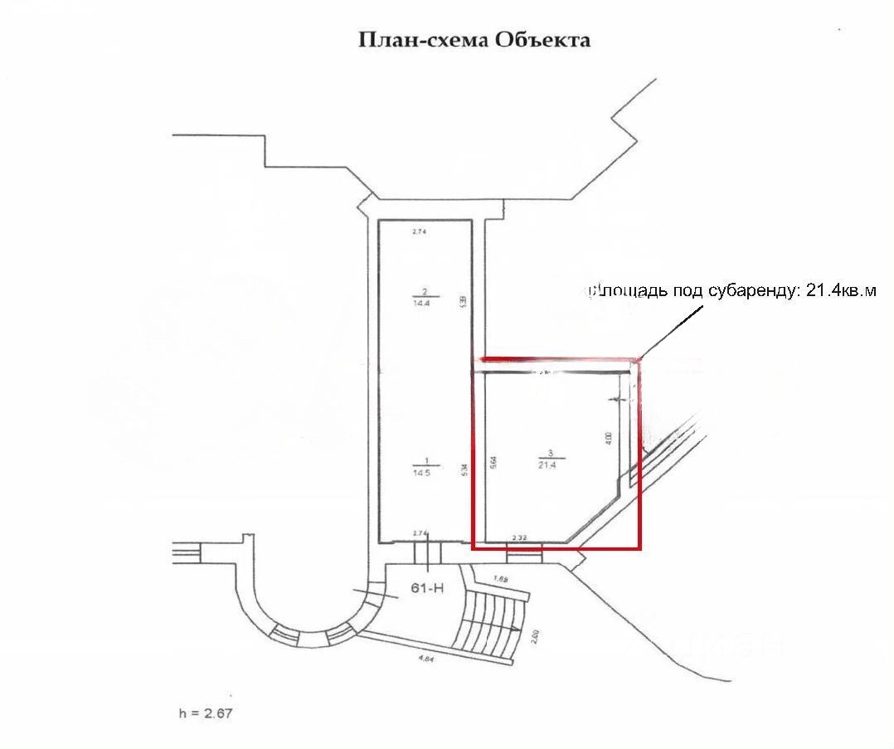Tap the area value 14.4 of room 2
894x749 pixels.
tap(425, 304)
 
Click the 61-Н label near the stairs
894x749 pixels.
tap(428, 588)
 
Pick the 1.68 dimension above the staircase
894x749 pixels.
tap(500, 578)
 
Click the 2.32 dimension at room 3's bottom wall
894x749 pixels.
tap(521, 538)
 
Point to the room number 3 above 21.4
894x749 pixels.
tap(549, 454)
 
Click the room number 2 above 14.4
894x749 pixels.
tap(425, 292)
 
